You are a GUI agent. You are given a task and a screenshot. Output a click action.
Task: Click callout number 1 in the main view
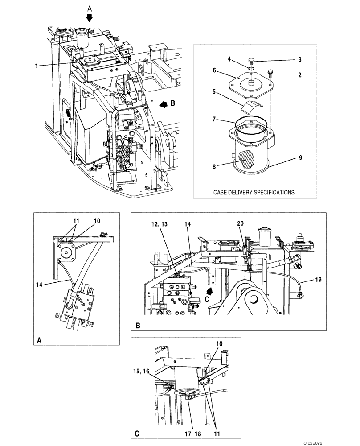tap(37, 66)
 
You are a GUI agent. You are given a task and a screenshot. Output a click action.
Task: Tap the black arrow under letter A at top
tap(90, 17)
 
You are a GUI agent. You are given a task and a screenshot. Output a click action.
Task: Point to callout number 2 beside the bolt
tap(300, 75)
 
